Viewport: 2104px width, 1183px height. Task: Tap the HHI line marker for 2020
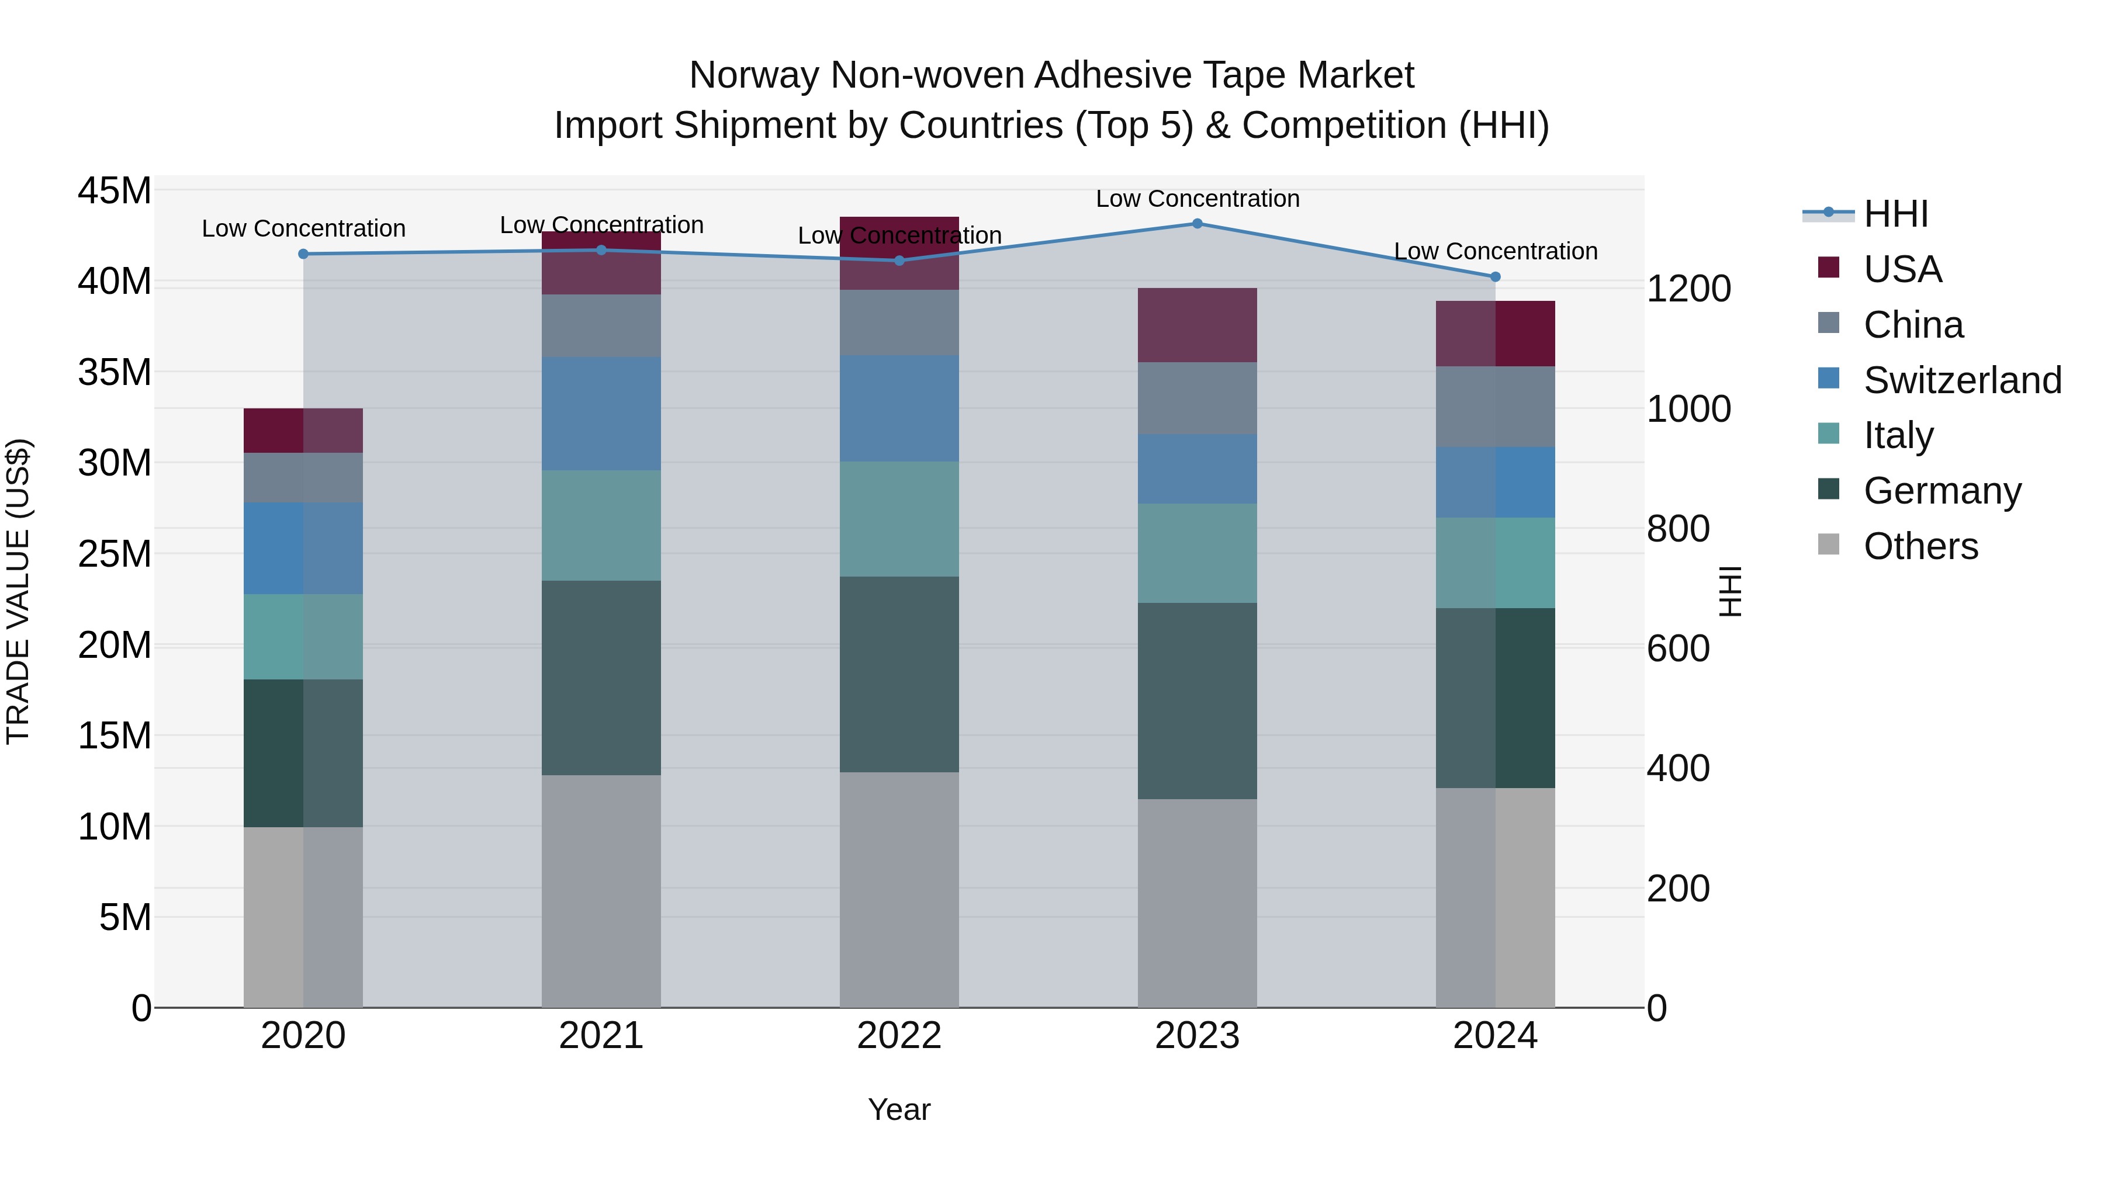click(303, 254)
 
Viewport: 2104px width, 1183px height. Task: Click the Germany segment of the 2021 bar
click(601, 678)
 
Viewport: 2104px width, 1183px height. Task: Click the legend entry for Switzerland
click(1962, 380)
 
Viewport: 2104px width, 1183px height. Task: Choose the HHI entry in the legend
click(1895, 214)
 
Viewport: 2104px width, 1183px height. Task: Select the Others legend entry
click(1919, 546)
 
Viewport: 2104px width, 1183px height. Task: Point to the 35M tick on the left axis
click(115, 372)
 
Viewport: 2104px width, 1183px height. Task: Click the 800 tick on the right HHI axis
click(1677, 529)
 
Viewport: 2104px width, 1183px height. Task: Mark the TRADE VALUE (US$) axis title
click(18, 591)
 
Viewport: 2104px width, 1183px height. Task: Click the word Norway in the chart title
click(753, 75)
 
